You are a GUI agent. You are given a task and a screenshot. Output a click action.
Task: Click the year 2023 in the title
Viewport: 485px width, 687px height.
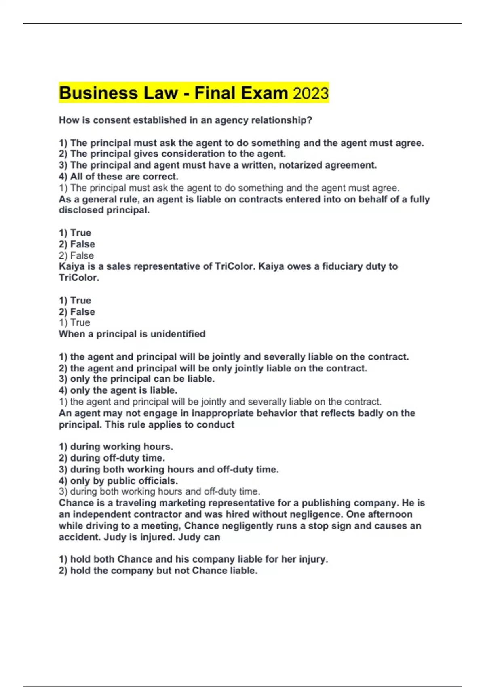pyautogui.click(x=310, y=93)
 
